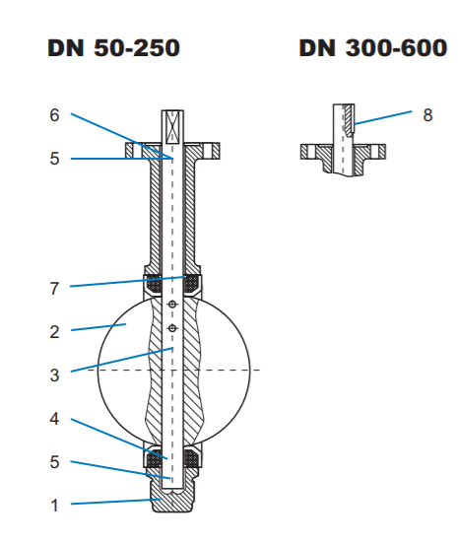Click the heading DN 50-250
[113, 47]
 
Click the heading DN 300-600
[373, 47]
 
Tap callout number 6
[54, 115]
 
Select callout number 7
[54, 289]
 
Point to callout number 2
[54, 332]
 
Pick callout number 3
[54, 375]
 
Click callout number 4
[54, 419]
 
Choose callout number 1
[54, 506]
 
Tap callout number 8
[427, 115]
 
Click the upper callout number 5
[54, 159]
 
